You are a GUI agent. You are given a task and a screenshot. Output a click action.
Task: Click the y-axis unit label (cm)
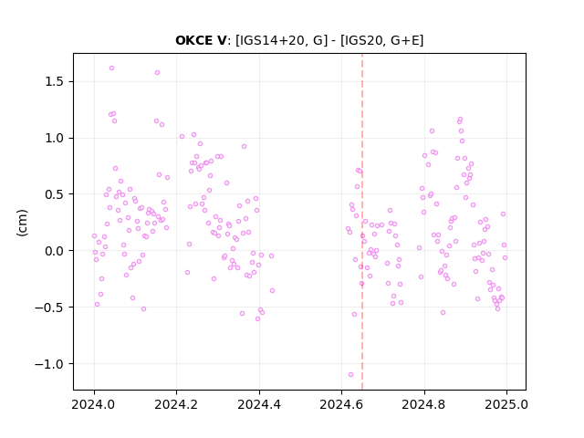tap(22, 223)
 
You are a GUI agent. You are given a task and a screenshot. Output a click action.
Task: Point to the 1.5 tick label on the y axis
tap(54, 81)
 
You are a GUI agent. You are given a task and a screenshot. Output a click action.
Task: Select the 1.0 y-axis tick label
tap(54, 138)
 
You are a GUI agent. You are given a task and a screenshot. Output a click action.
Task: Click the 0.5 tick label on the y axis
tap(54, 194)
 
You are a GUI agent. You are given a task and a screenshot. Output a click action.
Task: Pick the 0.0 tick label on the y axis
tap(54, 251)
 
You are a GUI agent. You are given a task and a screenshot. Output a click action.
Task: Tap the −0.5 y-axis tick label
tap(49, 308)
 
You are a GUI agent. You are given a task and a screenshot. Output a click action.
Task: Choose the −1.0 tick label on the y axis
tap(49, 364)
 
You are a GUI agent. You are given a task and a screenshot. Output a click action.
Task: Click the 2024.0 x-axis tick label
tap(94, 404)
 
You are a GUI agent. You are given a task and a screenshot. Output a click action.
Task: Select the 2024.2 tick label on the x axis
tap(176, 404)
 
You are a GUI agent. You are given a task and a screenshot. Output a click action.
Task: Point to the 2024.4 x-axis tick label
tap(259, 404)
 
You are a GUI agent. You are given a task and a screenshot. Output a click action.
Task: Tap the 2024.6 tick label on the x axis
tap(341, 404)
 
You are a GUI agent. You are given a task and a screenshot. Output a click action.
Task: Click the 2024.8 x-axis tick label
tap(423, 404)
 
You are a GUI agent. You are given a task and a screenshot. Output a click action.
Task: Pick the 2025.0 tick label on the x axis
tap(506, 404)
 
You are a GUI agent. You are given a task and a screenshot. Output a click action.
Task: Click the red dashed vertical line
tap(362, 222)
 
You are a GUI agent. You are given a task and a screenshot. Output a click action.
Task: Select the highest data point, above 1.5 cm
tap(111, 68)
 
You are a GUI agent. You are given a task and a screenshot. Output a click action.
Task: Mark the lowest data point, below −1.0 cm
tap(350, 375)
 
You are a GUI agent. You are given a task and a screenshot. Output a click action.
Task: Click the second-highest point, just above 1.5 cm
tap(158, 73)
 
